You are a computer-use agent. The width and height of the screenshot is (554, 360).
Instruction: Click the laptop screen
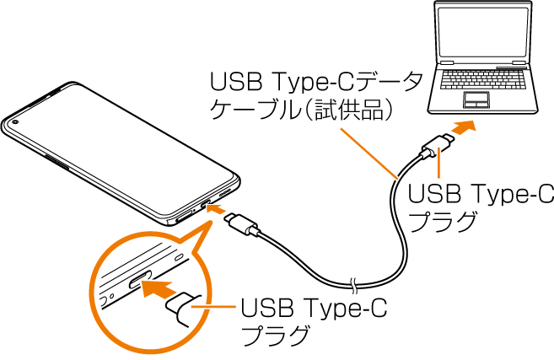[x=482, y=32]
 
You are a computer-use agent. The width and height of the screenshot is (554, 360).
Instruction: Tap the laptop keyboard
[x=483, y=80]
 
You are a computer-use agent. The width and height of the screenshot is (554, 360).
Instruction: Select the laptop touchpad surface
[x=476, y=97]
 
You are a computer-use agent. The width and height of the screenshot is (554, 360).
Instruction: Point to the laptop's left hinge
[x=446, y=62]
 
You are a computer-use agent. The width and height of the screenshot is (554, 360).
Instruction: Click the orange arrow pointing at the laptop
[x=463, y=127]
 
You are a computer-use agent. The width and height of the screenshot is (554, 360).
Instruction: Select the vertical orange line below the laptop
[x=438, y=163]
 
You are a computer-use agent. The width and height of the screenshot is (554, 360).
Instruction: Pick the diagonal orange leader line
[x=368, y=153]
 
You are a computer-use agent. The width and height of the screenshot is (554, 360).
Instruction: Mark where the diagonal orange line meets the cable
[x=396, y=179]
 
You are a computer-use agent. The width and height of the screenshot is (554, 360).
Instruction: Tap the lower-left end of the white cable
[x=259, y=234]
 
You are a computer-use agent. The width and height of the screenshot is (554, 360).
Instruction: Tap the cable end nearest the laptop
[x=421, y=157]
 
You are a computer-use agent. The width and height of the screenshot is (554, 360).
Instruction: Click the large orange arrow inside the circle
[x=159, y=289]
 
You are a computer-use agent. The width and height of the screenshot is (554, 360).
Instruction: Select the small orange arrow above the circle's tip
[x=216, y=208]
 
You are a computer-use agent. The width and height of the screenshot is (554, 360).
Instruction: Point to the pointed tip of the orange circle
[x=211, y=223]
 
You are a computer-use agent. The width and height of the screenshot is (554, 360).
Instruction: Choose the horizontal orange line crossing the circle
[x=213, y=307]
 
